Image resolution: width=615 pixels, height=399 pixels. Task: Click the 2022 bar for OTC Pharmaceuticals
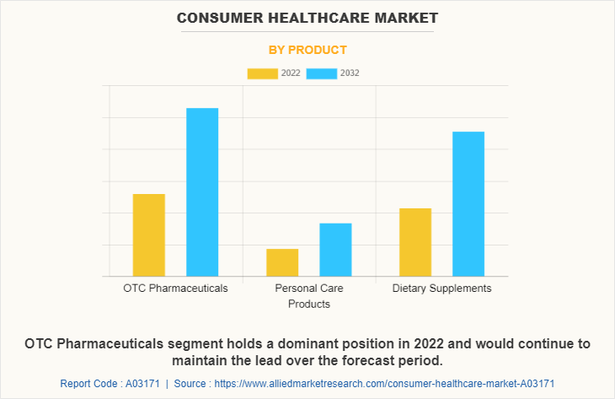pyautogui.click(x=149, y=235)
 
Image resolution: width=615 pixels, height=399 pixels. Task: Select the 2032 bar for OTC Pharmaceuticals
pyautogui.click(x=202, y=191)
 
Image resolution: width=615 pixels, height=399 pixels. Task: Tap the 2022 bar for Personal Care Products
pyautogui.click(x=282, y=262)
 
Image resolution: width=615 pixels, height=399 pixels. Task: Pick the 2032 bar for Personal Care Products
pyautogui.click(x=335, y=250)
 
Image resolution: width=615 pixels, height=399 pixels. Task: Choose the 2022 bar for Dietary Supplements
pyautogui.click(x=415, y=242)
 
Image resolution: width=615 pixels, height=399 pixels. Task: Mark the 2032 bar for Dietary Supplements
pyautogui.click(x=468, y=203)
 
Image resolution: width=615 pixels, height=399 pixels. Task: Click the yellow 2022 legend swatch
pyautogui.click(x=262, y=73)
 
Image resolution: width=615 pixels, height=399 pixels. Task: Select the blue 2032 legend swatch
pyautogui.click(x=322, y=73)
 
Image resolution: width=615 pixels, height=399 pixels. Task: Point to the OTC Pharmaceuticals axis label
pyautogui.click(x=175, y=288)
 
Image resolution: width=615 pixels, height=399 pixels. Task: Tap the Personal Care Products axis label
pyautogui.click(x=308, y=296)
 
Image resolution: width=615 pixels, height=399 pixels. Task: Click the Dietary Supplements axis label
pyautogui.click(x=441, y=288)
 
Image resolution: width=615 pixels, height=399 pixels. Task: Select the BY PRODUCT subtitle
pyautogui.click(x=307, y=50)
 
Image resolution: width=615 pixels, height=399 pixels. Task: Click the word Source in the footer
pyautogui.click(x=192, y=384)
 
